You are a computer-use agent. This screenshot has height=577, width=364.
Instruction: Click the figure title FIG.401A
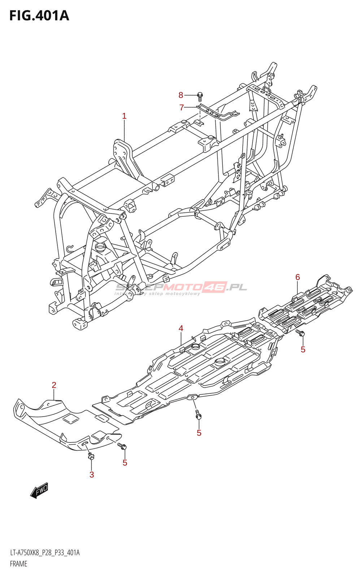(39, 16)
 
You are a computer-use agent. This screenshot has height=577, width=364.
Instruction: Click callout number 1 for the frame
(124, 116)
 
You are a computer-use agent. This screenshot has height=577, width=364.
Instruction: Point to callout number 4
(181, 328)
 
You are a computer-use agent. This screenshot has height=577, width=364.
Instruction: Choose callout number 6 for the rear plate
(298, 277)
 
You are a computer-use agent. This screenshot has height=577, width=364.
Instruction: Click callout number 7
(182, 108)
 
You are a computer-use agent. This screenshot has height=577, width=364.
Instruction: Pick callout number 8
(181, 95)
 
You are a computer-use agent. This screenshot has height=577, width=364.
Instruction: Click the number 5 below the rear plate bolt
(303, 349)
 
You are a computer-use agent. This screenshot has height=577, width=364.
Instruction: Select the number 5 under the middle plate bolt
(199, 433)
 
